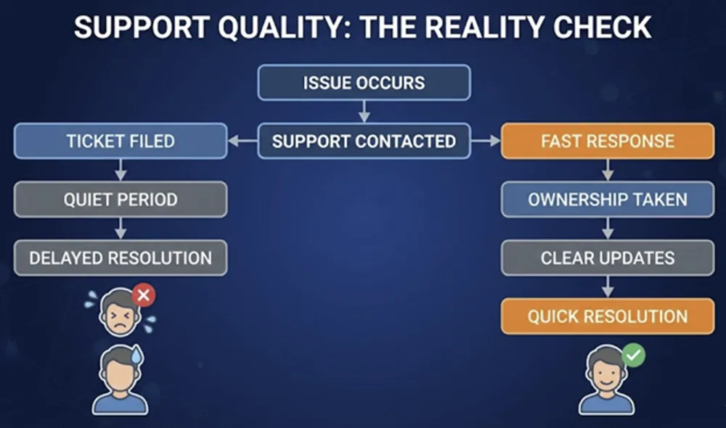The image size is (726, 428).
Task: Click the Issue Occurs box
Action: tap(364, 83)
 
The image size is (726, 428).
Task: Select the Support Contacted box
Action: tap(364, 141)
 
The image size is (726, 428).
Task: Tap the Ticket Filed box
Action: tap(121, 141)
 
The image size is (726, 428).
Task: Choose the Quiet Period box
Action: tap(121, 199)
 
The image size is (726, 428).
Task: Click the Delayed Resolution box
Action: tap(121, 258)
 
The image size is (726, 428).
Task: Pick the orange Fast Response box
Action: tap(608, 141)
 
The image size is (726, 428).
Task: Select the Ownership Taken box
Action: tap(608, 199)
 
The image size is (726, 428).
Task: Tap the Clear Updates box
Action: tap(608, 258)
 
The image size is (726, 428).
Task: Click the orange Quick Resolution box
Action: tap(608, 316)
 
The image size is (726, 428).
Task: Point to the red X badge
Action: tap(144, 295)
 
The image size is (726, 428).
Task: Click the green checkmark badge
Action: tap(633, 355)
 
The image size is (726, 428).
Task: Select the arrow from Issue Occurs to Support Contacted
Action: tap(364, 112)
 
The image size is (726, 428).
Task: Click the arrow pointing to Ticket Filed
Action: tap(242, 141)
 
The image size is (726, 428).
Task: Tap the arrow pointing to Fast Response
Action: tap(486, 141)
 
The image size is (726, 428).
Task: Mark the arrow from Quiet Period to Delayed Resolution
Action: tap(121, 229)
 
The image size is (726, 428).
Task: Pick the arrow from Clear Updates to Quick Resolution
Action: tap(608, 287)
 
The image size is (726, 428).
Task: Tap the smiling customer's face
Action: tap(605, 370)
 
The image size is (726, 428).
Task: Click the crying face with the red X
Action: tap(121, 313)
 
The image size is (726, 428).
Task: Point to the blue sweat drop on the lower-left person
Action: tap(136, 355)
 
